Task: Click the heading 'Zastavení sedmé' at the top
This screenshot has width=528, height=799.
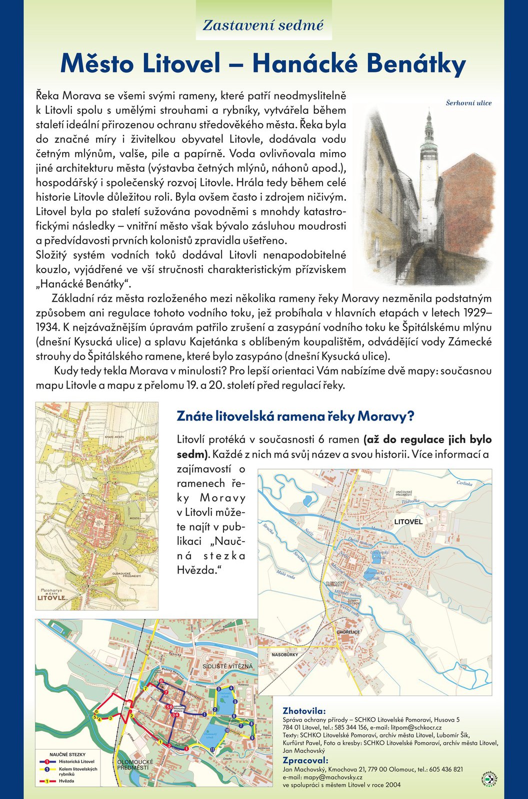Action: coord(263,25)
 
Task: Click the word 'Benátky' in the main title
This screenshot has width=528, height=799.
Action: coord(409,64)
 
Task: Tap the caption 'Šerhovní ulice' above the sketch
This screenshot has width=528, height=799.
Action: coord(468,103)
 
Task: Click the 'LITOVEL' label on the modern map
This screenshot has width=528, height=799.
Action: coord(408,522)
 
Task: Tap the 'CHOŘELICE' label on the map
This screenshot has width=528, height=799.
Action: coord(348,632)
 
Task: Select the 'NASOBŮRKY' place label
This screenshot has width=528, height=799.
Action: coord(285,654)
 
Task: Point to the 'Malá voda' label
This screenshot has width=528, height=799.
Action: coord(285,575)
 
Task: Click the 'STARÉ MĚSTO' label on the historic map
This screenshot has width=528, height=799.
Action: coord(114,437)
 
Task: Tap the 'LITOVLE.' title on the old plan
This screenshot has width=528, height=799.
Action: coord(52,598)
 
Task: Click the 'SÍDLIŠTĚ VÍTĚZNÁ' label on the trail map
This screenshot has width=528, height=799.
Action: coord(228,667)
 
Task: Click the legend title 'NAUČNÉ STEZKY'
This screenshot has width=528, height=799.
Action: coord(67,755)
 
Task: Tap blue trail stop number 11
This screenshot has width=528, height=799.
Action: coord(212,750)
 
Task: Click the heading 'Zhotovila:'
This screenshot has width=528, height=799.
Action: coord(304,711)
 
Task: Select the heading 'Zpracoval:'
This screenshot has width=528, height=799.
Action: coord(305,761)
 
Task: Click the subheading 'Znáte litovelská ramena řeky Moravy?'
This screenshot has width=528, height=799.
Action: coord(295,416)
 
